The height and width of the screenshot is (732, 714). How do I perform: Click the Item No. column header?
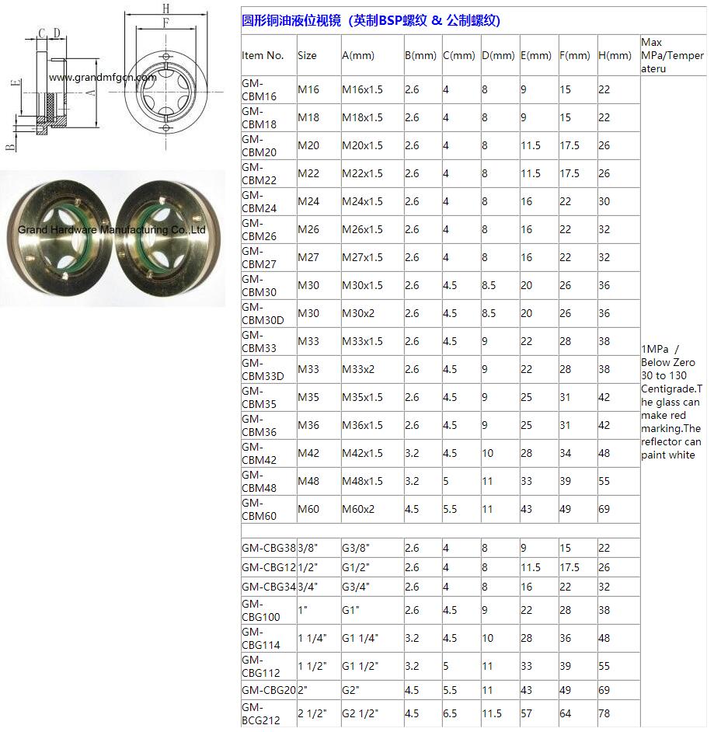[263, 55]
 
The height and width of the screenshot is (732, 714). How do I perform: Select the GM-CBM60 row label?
[259, 509]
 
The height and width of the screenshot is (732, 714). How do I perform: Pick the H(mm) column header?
[615, 55]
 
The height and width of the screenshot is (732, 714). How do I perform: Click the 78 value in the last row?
[604, 713]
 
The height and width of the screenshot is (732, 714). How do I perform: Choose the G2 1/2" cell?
[361, 713]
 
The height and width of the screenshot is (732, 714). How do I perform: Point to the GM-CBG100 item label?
[260, 610]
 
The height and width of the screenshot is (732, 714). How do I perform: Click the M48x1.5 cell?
[362, 481]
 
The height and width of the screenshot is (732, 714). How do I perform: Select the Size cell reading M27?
[308, 257]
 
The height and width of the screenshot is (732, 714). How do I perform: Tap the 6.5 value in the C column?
[451, 713]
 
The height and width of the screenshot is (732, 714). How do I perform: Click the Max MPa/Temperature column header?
[672, 55]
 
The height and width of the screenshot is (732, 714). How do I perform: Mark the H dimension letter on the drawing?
[166, 9]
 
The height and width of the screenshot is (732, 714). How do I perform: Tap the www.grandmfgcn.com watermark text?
[103, 78]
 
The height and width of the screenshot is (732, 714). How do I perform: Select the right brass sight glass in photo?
[165, 238]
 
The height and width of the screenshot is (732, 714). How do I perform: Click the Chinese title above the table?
[371, 21]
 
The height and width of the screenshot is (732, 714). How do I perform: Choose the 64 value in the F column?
[566, 713]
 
